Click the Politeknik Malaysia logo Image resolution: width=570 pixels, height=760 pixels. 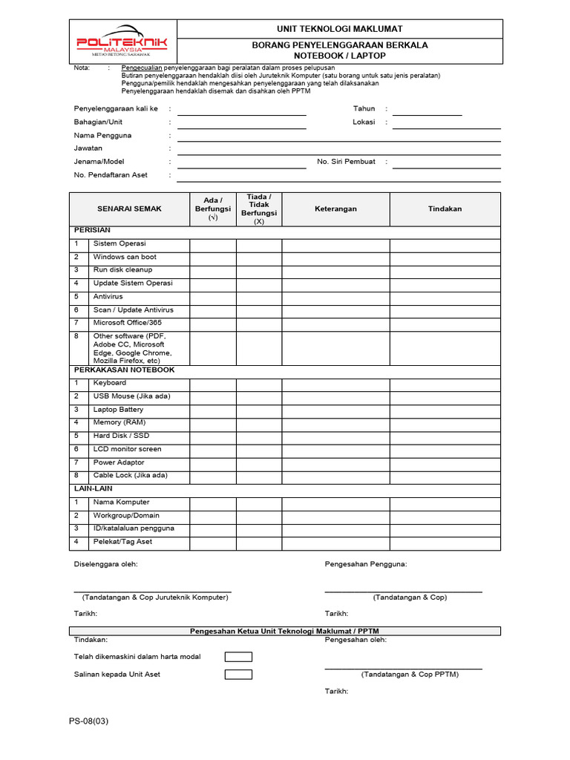pos(122,42)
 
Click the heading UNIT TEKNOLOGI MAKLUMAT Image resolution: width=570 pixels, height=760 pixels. pos(340,29)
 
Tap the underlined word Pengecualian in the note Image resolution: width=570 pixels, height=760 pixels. pos(142,68)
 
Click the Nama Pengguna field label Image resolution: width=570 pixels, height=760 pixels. pos(102,136)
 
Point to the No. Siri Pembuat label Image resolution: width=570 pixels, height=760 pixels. pos(346,162)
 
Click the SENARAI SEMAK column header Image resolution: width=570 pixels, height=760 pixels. pos(129,209)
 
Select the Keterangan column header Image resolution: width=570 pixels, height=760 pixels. pos(335,209)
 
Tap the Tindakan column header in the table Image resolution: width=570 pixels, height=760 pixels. pos(445,209)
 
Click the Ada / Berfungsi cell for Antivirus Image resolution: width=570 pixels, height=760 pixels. pos(213,297)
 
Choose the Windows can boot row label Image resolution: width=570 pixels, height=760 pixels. pos(125,257)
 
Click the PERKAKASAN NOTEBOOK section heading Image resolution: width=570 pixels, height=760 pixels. pos(124,370)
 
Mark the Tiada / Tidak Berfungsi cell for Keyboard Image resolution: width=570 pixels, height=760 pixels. pos(259,384)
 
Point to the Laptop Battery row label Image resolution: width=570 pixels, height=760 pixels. pos(118,410)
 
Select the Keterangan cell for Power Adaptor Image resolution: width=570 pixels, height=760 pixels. pos(335,463)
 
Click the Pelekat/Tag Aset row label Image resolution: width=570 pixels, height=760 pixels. pos(122,542)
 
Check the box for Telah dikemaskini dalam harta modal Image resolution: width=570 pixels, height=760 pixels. pos(238,657)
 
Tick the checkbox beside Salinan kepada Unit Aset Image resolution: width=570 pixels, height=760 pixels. pos(238,675)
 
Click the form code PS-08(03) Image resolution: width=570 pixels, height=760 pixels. pos(88,721)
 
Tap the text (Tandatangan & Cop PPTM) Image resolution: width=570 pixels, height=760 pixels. pos(410,675)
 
